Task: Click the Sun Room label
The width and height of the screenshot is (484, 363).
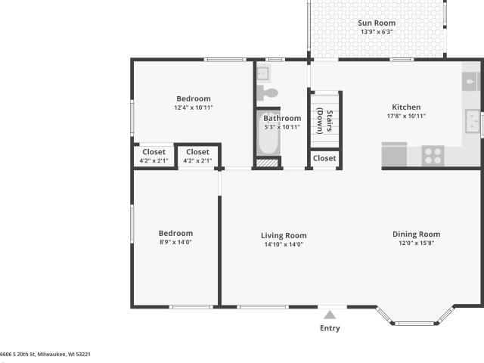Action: coord(377,23)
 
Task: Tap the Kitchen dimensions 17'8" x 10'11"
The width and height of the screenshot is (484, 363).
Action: coord(406,116)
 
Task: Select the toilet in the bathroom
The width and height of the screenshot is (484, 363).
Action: coord(268,92)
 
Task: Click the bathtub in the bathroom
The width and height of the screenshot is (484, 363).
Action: coord(268,133)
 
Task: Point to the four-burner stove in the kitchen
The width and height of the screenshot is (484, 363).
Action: coord(433,156)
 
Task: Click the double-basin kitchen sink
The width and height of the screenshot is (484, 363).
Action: coord(472,121)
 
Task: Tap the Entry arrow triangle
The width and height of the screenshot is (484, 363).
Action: coord(330,315)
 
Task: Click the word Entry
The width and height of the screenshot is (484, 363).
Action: coord(330,328)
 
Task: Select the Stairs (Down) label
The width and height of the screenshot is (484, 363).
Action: coord(324,121)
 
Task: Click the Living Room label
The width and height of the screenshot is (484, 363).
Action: coord(284,235)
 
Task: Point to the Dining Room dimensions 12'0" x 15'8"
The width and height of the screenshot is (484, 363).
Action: coord(417,243)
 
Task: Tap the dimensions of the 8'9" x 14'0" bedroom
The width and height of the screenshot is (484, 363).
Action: coord(175,242)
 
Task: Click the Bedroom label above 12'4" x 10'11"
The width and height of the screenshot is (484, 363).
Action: coord(194,99)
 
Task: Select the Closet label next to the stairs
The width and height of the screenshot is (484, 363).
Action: coord(324,158)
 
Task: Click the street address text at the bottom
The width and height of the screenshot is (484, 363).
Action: coord(45,355)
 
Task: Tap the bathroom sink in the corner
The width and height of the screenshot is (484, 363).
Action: coord(263,73)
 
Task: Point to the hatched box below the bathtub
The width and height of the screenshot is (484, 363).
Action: coord(267,163)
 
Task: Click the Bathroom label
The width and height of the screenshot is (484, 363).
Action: coord(282,118)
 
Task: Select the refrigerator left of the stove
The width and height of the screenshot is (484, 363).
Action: coord(394,154)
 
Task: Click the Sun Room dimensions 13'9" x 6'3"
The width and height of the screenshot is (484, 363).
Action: coord(377,32)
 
